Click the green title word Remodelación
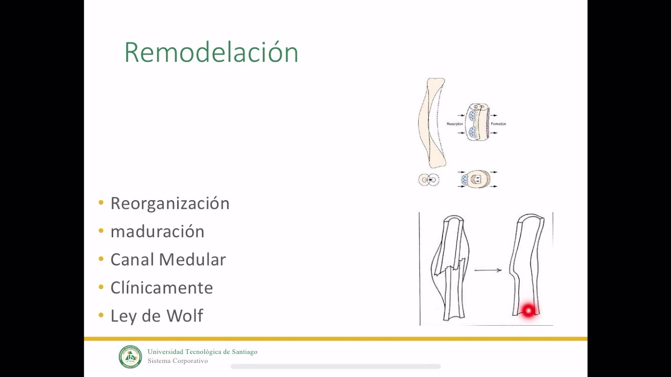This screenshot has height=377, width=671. coord(211,52)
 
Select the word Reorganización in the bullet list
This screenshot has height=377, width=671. coord(170,203)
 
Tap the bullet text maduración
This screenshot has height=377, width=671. coord(157,231)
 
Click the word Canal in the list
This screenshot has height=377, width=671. coord(133,260)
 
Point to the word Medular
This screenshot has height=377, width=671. coord(192,260)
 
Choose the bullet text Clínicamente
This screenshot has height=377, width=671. coord(161,288)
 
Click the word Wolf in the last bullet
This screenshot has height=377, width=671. coord(185,316)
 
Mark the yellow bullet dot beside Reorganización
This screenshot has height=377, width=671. coord(101,203)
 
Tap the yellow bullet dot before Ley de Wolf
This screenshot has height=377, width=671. coord(101,316)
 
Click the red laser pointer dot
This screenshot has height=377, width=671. coord(528,311)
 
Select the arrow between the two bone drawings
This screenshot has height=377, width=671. coord(488,270)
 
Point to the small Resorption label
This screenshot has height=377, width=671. coord(454,124)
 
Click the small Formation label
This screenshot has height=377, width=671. coord(498,124)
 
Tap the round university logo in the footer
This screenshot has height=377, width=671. coord(130,357)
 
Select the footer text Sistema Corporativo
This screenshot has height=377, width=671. coord(178,361)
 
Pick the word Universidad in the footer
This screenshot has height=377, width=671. coord(165,352)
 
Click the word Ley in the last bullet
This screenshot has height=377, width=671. coord(123,316)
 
